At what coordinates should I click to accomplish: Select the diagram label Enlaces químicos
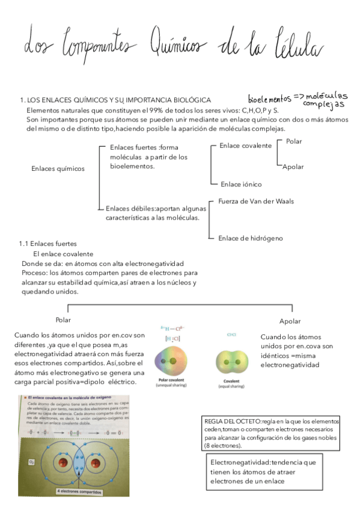coord(58,168)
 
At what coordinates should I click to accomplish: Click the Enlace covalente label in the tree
coord(246,146)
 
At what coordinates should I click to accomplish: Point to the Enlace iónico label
coord(241,184)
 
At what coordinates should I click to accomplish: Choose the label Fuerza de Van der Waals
coord(256,201)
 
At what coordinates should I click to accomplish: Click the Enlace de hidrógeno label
coord(251,238)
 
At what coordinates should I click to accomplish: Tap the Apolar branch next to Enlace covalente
coord(293,167)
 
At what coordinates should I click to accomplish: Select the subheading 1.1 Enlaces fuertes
coord(47,244)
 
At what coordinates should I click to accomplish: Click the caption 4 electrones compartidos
coord(79,491)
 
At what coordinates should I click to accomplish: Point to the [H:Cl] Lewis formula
coord(172,339)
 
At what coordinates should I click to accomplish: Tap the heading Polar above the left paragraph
coord(63,320)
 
